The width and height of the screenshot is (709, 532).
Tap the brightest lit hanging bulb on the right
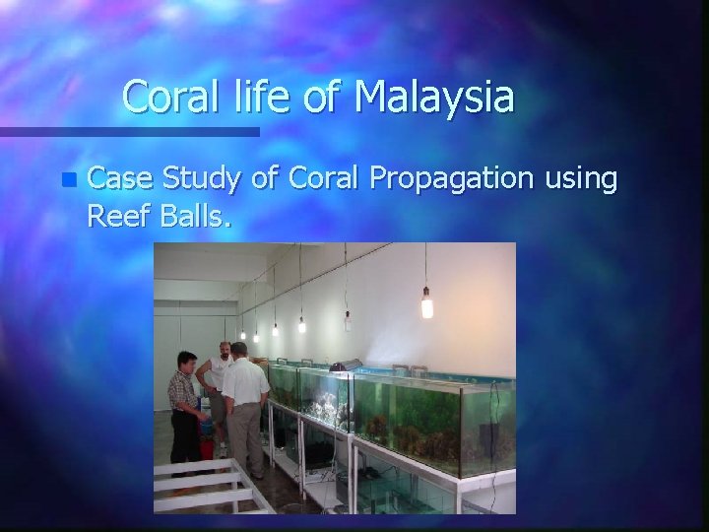tap(426, 305)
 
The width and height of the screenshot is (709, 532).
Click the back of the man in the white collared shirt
tap(245, 389)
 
